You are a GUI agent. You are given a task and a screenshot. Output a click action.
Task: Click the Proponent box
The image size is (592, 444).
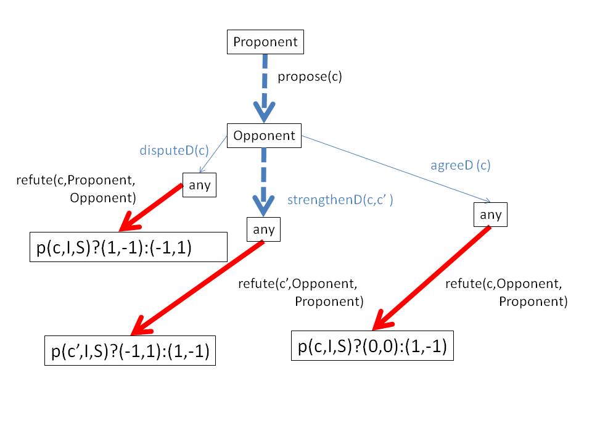[x=265, y=42]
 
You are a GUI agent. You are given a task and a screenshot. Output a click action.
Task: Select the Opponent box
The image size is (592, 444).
[x=265, y=136]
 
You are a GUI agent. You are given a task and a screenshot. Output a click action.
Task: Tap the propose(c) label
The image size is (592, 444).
[x=310, y=77]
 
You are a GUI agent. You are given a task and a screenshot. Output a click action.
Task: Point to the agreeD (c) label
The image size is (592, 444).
[x=460, y=165]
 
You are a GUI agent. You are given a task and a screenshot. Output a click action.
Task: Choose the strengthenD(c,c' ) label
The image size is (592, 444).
[x=340, y=200]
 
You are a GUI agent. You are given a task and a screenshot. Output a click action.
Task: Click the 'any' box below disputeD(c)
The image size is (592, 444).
[x=199, y=186]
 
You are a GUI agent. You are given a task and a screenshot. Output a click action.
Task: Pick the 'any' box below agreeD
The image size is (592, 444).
[x=491, y=215]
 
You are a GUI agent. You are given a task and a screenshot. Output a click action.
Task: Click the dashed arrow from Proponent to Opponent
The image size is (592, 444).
[x=265, y=86]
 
